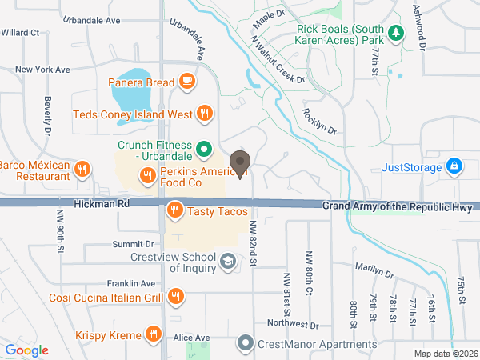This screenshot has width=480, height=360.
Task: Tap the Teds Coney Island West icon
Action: click(x=204, y=114)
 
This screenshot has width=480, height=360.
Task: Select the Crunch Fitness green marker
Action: click(x=204, y=148)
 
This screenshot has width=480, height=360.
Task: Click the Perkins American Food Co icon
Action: click(x=146, y=178)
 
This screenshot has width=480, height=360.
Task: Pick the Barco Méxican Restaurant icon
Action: click(x=82, y=169)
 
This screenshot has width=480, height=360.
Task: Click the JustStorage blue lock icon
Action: click(x=454, y=167)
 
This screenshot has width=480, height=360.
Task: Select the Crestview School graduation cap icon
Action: click(x=228, y=262)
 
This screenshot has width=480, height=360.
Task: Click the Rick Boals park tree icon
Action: click(x=395, y=34)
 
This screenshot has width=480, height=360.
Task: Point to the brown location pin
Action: click(x=239, y=163)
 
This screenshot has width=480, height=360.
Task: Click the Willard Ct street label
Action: click(x=20, y=33)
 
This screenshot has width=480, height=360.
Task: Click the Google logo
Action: click(x=26, y=350)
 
